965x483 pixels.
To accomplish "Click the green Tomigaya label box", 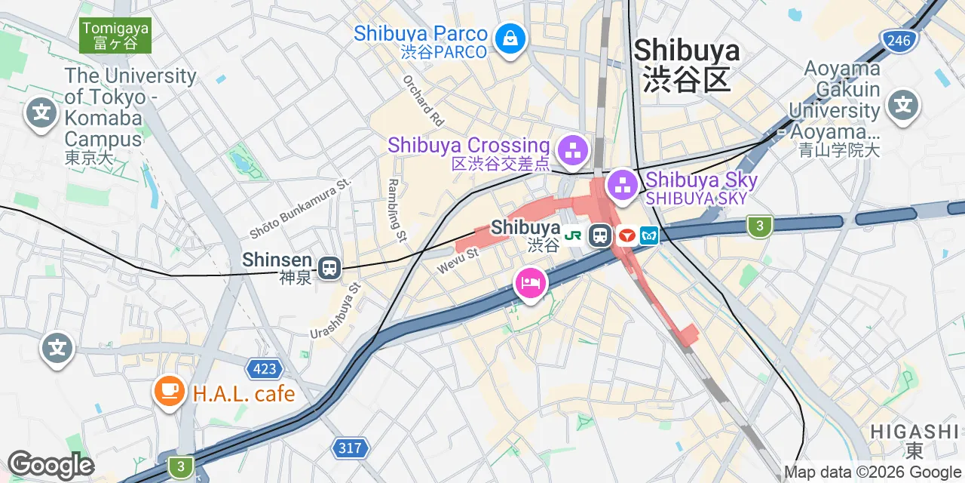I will [115, 35].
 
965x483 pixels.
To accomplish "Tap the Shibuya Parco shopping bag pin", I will [510, 38].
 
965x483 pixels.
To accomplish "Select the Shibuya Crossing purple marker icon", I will [574, 150].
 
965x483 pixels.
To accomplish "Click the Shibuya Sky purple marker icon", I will [623, 185].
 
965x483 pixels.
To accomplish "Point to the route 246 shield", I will [899, 41].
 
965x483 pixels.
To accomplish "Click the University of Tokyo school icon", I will [41, 114].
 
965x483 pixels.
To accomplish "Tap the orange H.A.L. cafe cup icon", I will [170, 391].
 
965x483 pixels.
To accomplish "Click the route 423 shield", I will [264, 369].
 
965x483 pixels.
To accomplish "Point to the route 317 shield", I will [350, 448].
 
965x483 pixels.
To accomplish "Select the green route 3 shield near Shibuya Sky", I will [760, 226].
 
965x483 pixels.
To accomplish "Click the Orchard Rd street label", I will [423, 100].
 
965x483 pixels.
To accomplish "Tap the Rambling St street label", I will [395, 209].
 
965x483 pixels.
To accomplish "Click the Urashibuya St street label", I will [336, 311].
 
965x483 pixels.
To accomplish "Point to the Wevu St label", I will [458, 257].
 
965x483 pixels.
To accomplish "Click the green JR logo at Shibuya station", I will [573, 235].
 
